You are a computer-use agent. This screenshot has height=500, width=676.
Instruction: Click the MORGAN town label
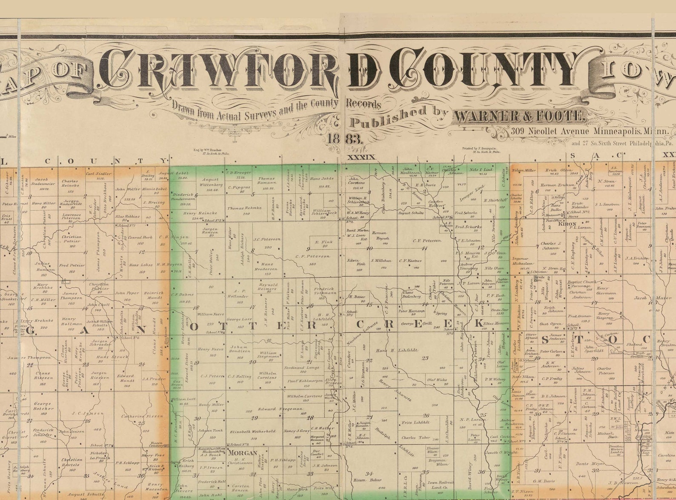(242, 453)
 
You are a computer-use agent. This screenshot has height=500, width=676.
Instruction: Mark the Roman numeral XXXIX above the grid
(361, 157)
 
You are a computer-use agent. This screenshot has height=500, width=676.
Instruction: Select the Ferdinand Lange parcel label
(302, 367)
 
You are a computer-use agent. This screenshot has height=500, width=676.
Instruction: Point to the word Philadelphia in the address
(635, 144)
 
